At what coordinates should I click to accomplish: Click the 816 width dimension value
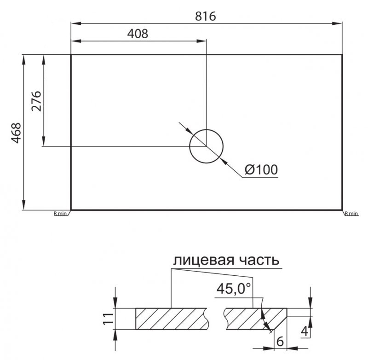205,16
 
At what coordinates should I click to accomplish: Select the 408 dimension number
138,34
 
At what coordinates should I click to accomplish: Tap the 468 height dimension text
17,133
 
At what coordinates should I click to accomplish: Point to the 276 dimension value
37,101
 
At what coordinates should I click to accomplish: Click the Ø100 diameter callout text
261,169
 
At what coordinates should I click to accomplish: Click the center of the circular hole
206,146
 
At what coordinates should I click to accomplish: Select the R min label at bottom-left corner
60,214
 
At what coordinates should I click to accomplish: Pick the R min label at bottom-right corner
351,214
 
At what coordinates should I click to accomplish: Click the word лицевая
204,260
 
